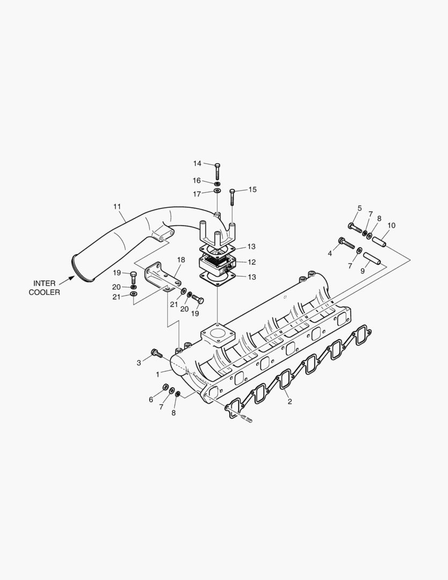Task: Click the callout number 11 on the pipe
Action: click(117, 206)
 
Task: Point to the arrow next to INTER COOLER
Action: click(67, 279)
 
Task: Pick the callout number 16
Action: click(197, 181)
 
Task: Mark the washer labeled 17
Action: click(217, 191)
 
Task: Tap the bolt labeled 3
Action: click(156, 353)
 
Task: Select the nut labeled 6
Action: click(165, 388)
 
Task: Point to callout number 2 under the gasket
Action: click(290, 401)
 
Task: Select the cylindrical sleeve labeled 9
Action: click(371, 259)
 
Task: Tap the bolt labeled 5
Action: click(355, 228)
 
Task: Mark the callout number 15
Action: click(252, 189)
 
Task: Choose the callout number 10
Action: click(391, 225)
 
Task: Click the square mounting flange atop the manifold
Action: click(218, 336)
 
